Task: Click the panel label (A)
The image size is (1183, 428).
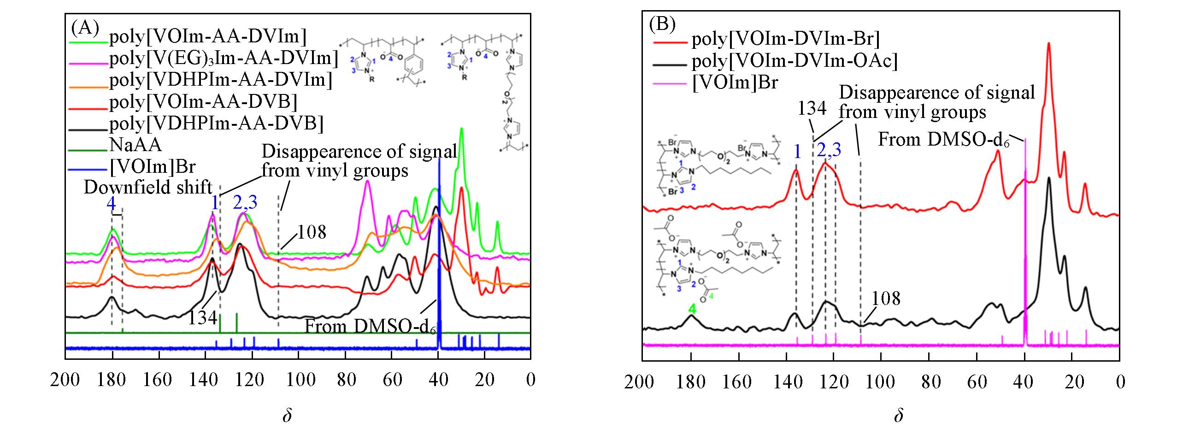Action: (85, 29)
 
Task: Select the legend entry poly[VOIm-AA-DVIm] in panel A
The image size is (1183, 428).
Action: (207, 37)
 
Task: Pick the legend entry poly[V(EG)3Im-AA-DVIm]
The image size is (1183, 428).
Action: (224, 59)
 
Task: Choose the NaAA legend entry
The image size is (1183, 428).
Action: (135, 146)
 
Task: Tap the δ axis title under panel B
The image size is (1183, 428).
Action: (898, 416)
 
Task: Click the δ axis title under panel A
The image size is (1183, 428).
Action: (287, 416)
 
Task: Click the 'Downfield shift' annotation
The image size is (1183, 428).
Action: (148, 188)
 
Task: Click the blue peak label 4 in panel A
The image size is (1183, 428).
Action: (111, 204)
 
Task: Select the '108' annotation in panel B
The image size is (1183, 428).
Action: (886, 299)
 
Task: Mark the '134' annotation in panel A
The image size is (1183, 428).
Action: (202, 317)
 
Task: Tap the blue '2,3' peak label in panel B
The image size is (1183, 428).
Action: (829, 150)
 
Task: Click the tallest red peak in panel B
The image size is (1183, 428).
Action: (1049, 44)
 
